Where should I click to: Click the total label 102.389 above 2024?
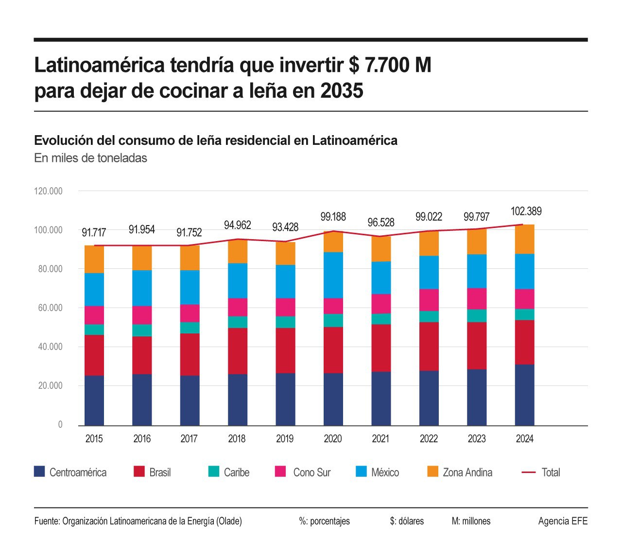(526, 211)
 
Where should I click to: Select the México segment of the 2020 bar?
(333, 275)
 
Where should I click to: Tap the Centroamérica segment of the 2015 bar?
(94, 400)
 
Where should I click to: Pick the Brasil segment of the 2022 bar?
(429, 346)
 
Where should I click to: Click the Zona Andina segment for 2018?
(237, 251)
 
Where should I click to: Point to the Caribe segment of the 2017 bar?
(190, 328)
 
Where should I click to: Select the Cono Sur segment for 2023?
(477, 298)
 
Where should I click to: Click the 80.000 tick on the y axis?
(48, 269)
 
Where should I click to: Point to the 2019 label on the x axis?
(285, 439)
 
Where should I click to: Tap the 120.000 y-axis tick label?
(48, 191)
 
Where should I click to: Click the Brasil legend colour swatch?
(139, 472)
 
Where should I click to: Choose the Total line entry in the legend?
(541, 472)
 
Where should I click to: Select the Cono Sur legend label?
(311, 472)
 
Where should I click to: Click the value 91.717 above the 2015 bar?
(94, 232)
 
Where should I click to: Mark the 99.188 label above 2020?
(333, 216)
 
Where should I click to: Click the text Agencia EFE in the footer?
(563, 521)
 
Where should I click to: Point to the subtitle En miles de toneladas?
(90, 158)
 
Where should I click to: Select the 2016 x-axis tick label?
(142, 439)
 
